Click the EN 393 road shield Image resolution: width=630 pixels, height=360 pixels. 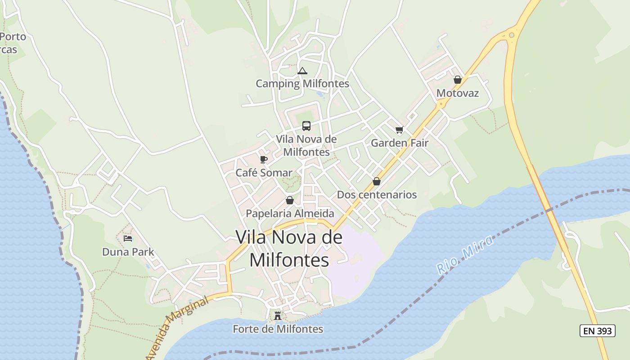597,331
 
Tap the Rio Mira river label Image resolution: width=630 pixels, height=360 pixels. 465,255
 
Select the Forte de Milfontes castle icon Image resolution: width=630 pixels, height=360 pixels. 278,316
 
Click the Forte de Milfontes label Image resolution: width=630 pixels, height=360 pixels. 278,329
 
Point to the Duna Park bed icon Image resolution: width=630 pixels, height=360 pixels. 128,238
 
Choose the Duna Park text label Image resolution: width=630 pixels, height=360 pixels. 128,252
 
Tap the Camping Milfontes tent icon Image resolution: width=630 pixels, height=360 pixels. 302,71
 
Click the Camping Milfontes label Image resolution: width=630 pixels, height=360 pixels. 302,84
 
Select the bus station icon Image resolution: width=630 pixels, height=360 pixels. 306,126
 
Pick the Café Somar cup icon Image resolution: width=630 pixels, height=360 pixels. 264,159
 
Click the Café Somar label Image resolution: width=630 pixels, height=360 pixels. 264,173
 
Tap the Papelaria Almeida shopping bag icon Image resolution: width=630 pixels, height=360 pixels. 290,200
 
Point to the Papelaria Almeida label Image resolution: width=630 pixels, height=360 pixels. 290,213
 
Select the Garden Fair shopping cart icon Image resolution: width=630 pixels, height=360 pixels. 399,130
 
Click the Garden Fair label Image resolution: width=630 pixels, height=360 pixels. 399,143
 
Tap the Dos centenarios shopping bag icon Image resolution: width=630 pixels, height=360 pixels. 377,181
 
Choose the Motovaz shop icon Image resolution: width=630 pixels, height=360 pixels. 458,80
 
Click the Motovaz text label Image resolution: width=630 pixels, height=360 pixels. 458,93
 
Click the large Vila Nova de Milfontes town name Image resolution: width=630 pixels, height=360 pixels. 289,248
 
